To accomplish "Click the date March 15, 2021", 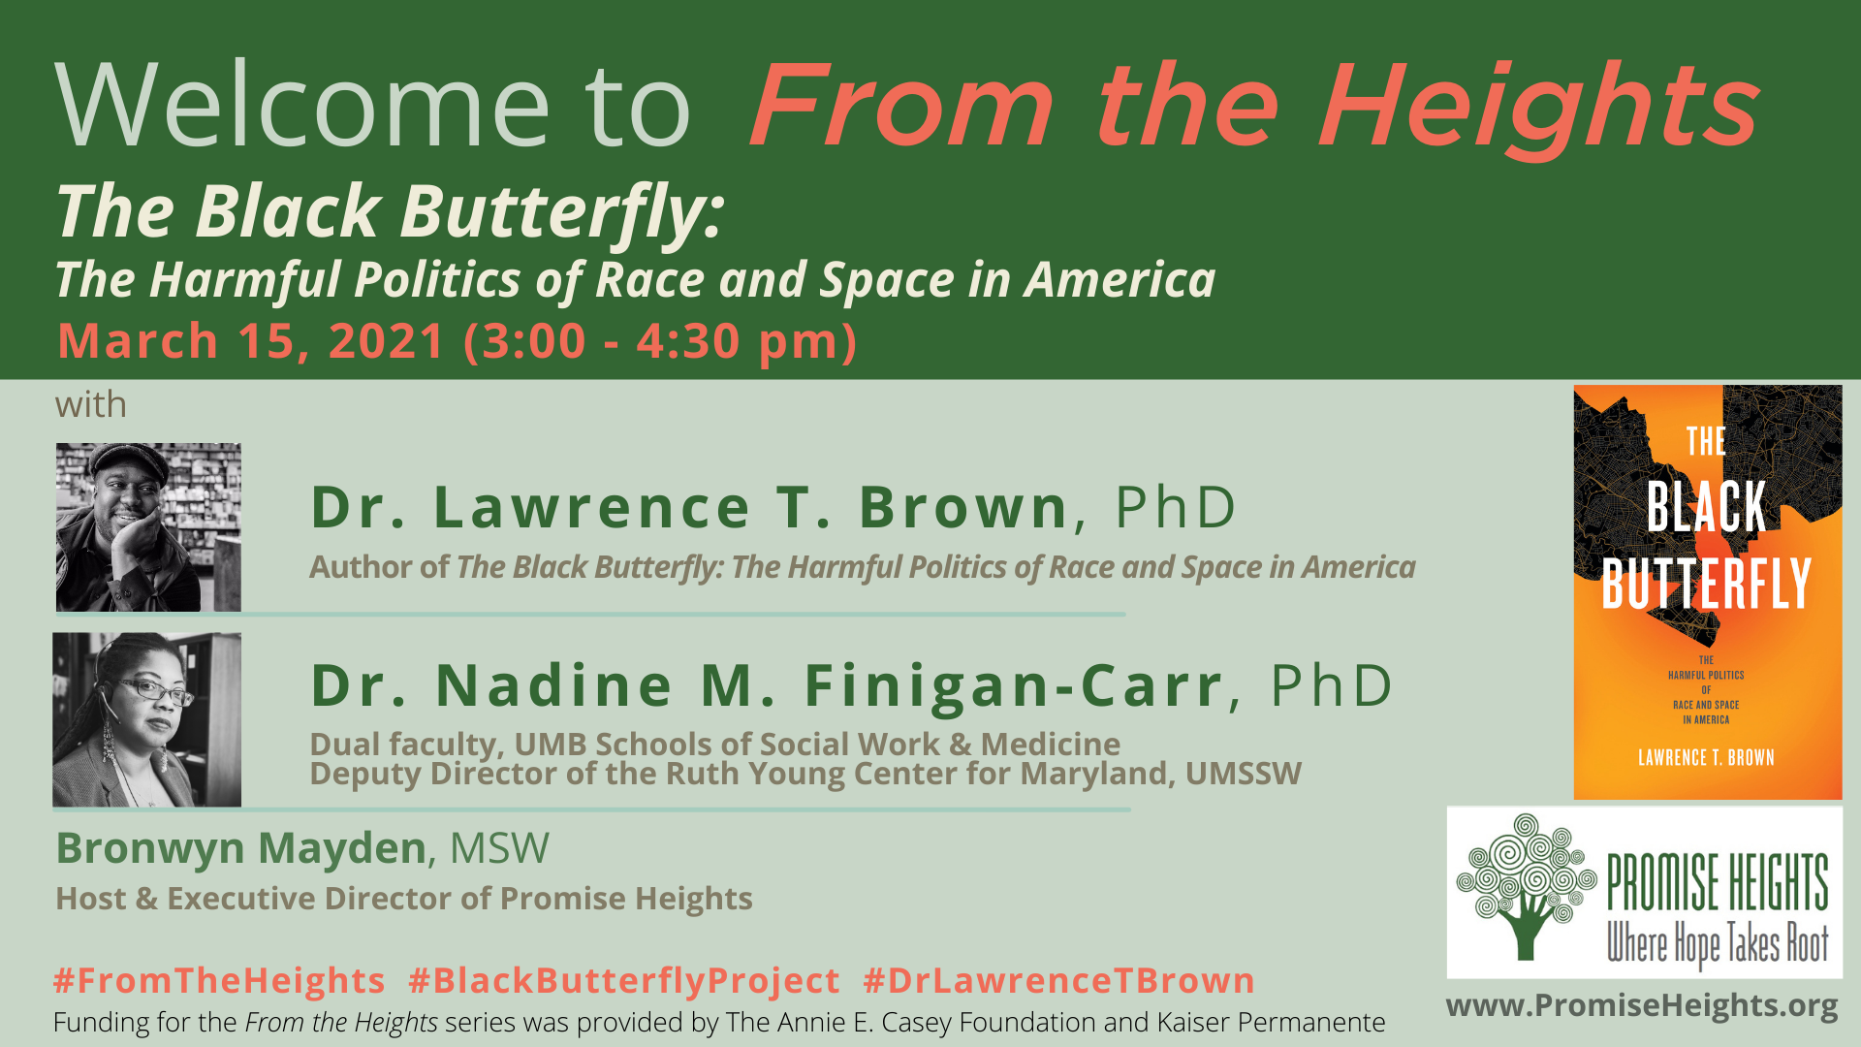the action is coord(251,341).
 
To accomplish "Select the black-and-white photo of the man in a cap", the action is coord(148,526).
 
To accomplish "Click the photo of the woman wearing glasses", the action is coord(147,719).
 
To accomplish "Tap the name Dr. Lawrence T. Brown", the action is coord(689,506).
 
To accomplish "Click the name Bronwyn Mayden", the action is coord(241,848).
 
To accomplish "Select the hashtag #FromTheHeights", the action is coord(220,980).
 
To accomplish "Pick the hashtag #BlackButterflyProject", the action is coord(624,980).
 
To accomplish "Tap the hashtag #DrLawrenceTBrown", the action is coord(1059,980).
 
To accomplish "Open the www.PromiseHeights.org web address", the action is coord(1642,1005).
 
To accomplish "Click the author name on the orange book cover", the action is coord(1706,757).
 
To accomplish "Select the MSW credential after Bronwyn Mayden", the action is coord(499,848).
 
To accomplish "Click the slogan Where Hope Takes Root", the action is coord(1718,942).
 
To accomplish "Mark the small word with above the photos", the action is coord(91,404).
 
